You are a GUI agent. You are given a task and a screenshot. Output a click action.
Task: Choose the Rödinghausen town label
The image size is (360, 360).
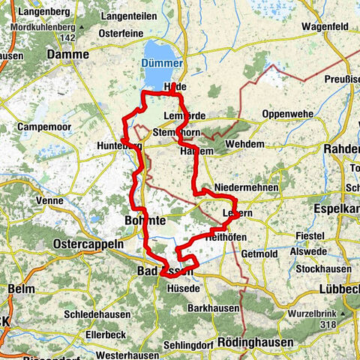point(253,342)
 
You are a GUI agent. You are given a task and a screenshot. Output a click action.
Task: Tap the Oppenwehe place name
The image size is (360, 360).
point(288,115)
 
